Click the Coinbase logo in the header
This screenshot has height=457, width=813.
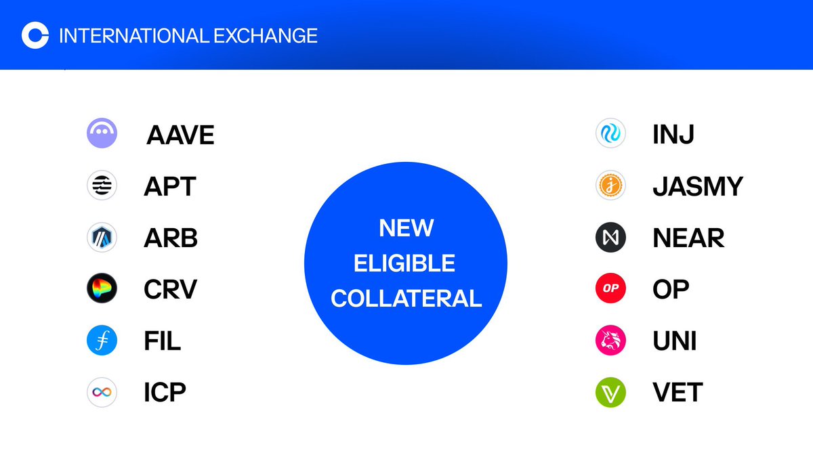[35, 35]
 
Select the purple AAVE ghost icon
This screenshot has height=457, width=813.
[102, 133]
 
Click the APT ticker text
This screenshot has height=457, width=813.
[169, 186]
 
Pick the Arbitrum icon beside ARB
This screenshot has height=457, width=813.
[102, 238]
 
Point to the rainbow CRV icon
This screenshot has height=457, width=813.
[102, 289]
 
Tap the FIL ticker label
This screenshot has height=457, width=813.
[163, 341]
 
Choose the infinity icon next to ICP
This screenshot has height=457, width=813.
[102, 392]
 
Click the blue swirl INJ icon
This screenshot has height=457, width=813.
[611, 133]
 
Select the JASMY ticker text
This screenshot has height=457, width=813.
[698, 186]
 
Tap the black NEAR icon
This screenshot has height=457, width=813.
[611, 238]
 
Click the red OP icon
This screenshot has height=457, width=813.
[611, 289]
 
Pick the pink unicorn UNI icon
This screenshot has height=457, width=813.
[611, 341]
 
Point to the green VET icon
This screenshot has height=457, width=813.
[611, 392]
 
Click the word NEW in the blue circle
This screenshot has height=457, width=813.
[406, 229]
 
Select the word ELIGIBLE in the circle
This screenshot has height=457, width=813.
[406, 263]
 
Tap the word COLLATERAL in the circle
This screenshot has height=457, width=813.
[406, 298]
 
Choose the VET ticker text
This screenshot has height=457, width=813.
[677, 392]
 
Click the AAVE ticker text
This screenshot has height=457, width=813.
[180, 134]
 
